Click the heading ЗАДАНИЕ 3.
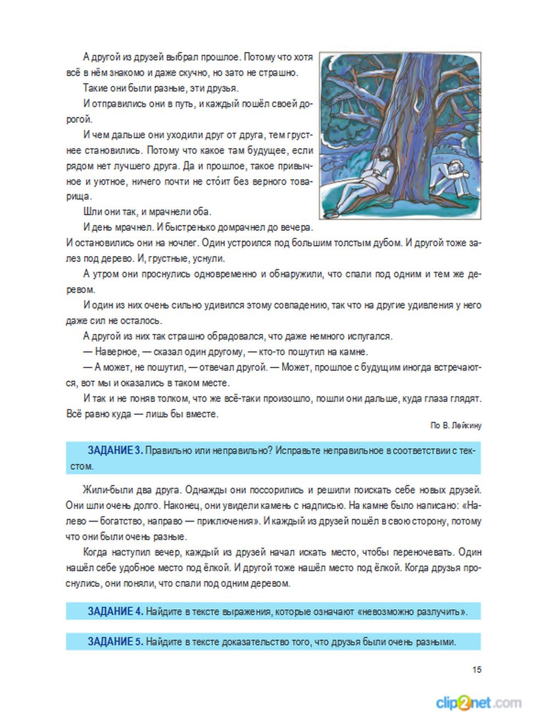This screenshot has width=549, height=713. [x=115, y=451]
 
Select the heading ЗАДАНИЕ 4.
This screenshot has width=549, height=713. [x=115, y=612]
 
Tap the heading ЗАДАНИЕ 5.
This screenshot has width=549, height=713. [x=115, y=642]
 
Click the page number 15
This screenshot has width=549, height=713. [x=477, y=670]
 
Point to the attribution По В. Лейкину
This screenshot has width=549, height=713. [x=456, y=426]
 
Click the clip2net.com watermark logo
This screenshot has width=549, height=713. [x=478, y=703]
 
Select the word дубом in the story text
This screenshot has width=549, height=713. [x=384, y=243]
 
